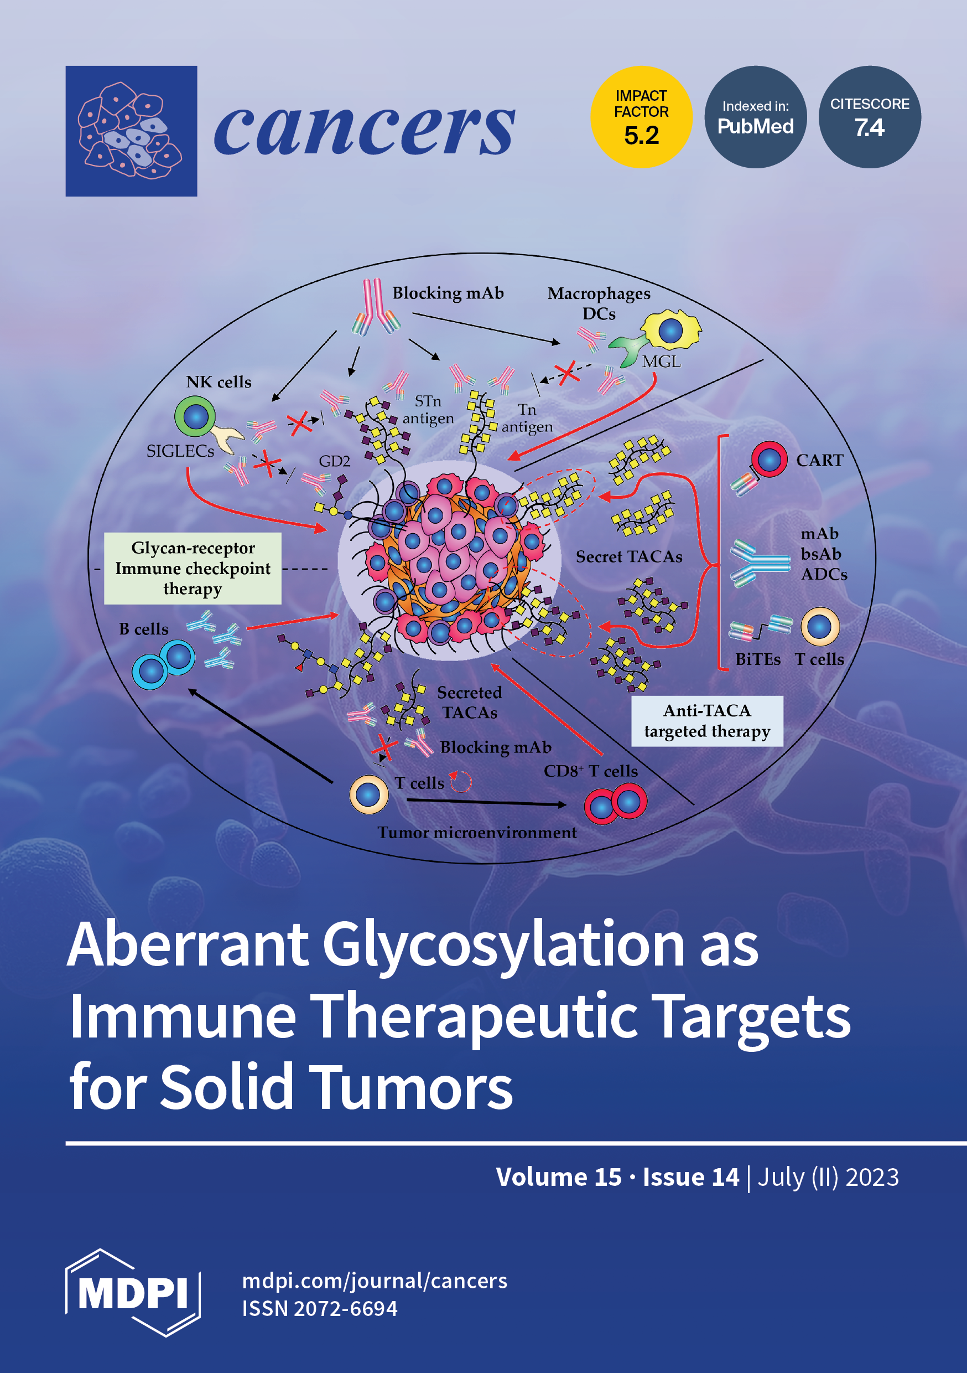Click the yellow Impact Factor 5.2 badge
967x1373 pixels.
(x=641, y=117)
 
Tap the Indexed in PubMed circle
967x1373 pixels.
(x=756, y=117)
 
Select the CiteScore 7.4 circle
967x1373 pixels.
(x=870, y=117)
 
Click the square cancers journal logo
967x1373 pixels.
(x=132, y=131)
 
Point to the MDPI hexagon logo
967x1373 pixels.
(x=133, y=1292)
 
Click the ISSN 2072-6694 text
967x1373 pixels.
(x=320, y=1308)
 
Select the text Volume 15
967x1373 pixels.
(x=559, y=1177)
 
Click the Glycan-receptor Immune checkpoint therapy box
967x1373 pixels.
(x=193, y=568)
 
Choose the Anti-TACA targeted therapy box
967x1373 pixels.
(x=707, y=721)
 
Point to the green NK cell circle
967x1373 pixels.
(x=195, y=416)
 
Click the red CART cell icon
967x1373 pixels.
(x=769, y=460)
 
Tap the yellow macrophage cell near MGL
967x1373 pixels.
(x=671, y=329)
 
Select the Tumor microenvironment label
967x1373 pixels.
(x=477, y=833)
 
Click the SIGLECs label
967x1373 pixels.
(x=180, y=451)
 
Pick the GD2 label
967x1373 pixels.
(x=334, y=461)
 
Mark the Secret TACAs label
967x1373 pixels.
(x=629, y=557)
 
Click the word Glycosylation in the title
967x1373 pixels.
(x=503, y=945)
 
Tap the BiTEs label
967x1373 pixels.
(x=758, y=659)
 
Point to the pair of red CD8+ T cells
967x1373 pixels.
(x=616, y=804)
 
